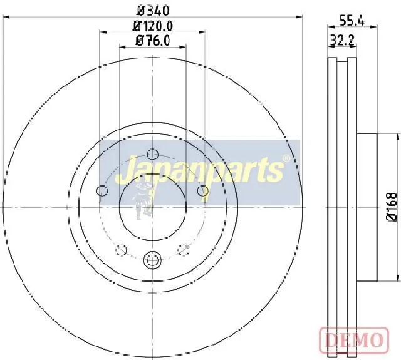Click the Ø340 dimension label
click(x=153, y=11)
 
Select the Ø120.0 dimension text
click(x=153, y=26)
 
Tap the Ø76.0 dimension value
click(x=153, y=40)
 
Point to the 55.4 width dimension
click(x=352, y=21)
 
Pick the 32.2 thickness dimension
click(x=342, y=40)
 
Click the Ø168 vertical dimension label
click(x=392, y=207)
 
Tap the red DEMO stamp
click(x=355, y=339)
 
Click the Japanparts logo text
click(x=200, y=170)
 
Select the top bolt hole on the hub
click(x=153, y=154)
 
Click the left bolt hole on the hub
click(x=103, y=190)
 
